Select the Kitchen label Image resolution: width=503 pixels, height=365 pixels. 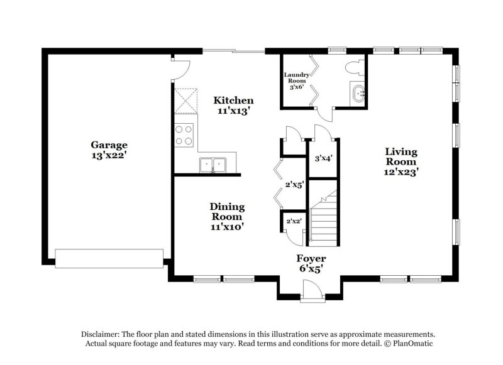click(233, 101)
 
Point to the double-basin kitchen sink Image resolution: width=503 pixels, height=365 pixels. click(213, 165)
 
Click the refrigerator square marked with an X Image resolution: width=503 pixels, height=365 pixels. click(185, 99)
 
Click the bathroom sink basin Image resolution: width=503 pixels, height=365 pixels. click(358, 94)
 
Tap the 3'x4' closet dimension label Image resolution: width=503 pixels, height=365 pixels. click(323, 158)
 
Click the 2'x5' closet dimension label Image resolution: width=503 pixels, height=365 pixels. click(295, 185)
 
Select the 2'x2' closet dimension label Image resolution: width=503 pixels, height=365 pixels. click(292, 221)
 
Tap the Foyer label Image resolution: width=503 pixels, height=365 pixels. click(311, 259)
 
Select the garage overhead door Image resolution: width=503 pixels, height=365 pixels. click(109, 258)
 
